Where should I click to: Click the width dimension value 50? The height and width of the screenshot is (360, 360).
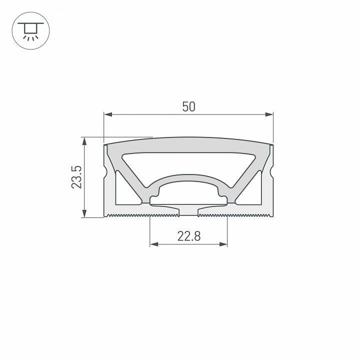(x=188, y=106)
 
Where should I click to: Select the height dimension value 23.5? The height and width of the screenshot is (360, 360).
(x=76, y=177)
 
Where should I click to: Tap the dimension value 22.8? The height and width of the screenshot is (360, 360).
(x=188, y=236)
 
